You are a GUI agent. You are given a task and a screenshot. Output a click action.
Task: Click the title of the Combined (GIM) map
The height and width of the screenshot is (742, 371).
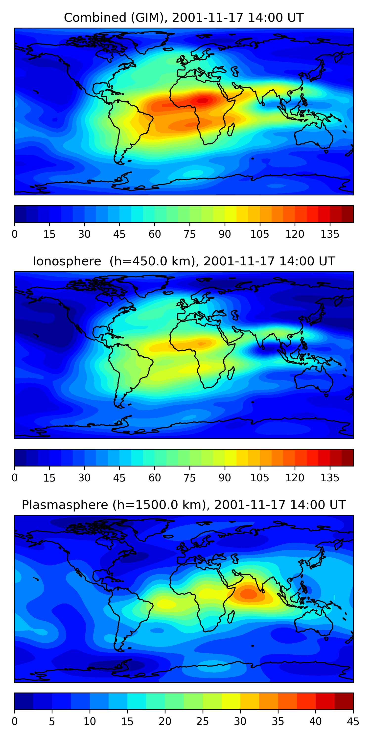click(x=184, y=18)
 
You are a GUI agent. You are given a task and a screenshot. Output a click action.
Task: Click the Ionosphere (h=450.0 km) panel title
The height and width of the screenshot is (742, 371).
click(x=184, y=261)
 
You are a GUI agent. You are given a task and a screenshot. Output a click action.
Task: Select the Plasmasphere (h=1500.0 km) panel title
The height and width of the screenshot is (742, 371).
click(x=184, y=505)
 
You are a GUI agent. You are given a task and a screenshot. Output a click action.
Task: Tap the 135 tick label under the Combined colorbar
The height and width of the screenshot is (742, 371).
click(x=330, y=234)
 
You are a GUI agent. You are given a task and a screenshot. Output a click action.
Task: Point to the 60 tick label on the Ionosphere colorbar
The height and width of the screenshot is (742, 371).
click(x=155, y=478)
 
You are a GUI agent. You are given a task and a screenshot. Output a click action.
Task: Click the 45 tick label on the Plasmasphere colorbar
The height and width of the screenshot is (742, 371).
click(x=353, y=721)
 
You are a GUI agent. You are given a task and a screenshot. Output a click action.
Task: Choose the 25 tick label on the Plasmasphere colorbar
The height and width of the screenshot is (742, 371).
click(x=203, y=721)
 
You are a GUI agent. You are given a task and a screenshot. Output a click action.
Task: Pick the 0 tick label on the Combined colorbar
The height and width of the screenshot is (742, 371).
click(x=15, y=234)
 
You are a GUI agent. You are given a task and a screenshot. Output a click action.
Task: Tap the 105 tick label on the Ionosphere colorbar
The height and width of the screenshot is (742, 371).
click(x=259, y=478)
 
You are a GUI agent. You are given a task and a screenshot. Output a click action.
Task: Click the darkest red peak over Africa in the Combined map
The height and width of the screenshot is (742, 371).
click(x=203, y=100)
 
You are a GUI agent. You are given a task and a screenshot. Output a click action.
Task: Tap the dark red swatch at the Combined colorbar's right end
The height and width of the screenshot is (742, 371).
click(x=348, y=214)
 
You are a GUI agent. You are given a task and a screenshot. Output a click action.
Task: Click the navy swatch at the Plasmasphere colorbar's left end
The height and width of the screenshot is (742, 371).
click(x=23, y=701)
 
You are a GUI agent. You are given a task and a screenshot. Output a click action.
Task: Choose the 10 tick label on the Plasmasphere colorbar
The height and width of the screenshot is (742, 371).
click(x=90, y=721)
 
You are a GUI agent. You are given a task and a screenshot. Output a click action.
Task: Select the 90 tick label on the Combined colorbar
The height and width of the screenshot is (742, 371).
click(x=225, y=234)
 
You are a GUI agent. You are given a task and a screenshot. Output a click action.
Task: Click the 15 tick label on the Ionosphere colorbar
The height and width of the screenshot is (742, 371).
click(x=49, y=478)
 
